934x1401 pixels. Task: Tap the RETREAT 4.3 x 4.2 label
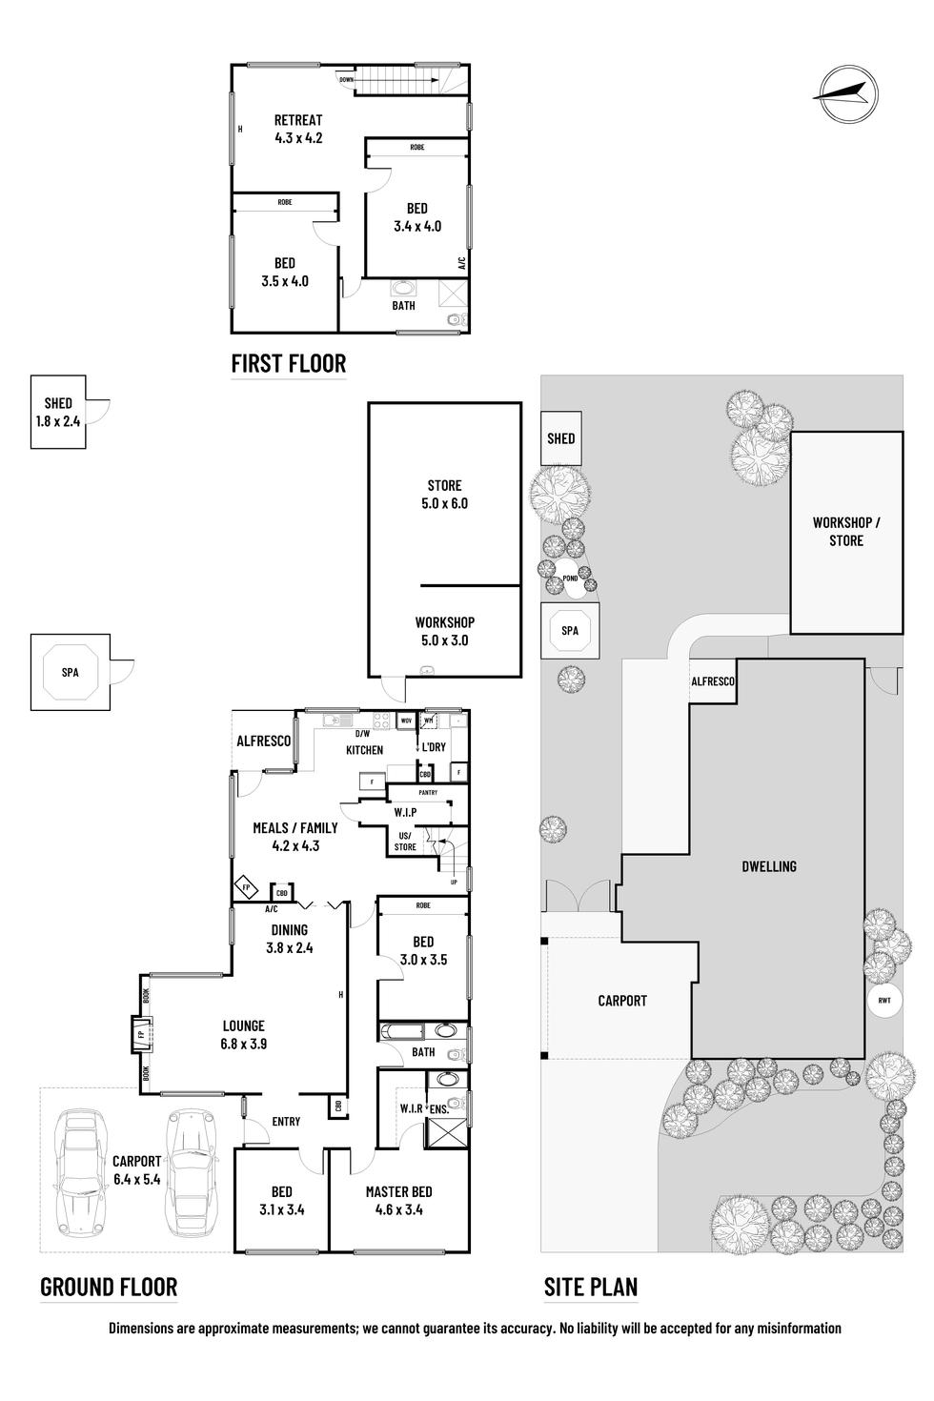[298, 129]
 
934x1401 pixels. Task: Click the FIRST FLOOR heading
[288, 363]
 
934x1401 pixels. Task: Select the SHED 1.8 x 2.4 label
[57, 413]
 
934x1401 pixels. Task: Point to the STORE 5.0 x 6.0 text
[444, 495]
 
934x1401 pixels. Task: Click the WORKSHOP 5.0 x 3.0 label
[444, 631]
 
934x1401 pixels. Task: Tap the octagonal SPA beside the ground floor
[70, 672]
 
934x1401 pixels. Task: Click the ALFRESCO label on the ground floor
[263, 741]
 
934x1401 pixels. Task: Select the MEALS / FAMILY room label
[294, 836]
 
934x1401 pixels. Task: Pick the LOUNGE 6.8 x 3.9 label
[243, 1034]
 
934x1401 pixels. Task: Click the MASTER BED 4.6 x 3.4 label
[398, 1200]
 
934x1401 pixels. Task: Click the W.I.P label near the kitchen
[405, 812]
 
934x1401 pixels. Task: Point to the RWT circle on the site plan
[883, 1001]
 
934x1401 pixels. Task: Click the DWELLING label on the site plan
[768, 866]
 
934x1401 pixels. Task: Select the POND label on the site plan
[570, 578]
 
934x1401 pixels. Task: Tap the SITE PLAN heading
[590, 1288]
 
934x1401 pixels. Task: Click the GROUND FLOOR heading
[109, 1288]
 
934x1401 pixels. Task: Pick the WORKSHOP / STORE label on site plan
[845, 531]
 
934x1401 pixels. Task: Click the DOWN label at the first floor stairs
[346, 80]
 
